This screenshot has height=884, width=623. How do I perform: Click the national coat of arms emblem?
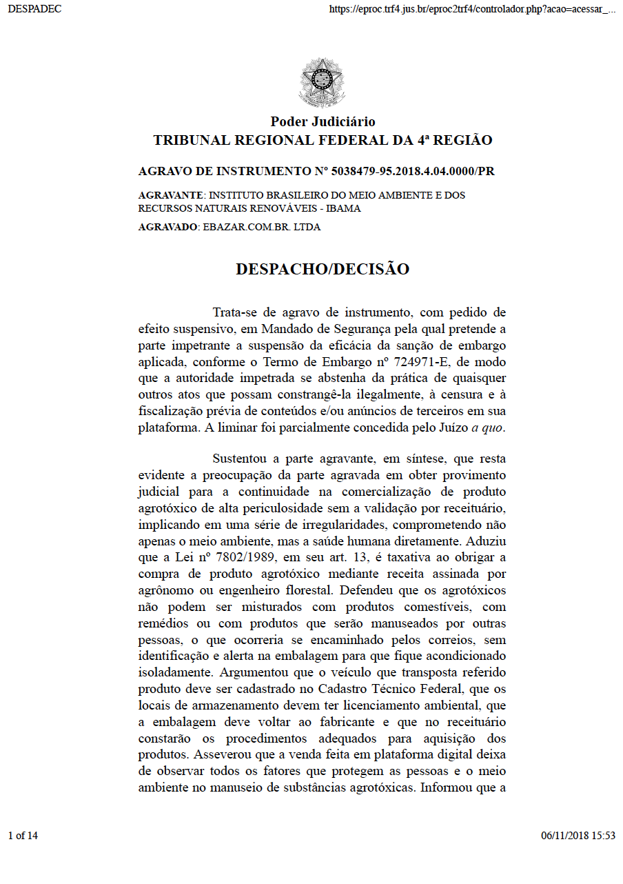click(322, 83)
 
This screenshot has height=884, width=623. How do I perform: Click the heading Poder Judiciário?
click(323, 122)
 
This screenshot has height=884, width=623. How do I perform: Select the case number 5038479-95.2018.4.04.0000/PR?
click(413, 171)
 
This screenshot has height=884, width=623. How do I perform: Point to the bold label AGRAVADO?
click(168, 227)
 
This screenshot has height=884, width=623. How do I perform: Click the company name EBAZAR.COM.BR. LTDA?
click(261, 227)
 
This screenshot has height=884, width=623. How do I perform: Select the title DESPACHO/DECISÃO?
click(323, 269)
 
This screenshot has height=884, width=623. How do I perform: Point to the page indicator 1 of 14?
click(23, 836)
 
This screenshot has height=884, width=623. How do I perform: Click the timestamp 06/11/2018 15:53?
click(578, 836)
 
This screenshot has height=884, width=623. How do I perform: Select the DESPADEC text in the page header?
click(34, 9)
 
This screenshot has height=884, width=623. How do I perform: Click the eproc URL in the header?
click(472, 9)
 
